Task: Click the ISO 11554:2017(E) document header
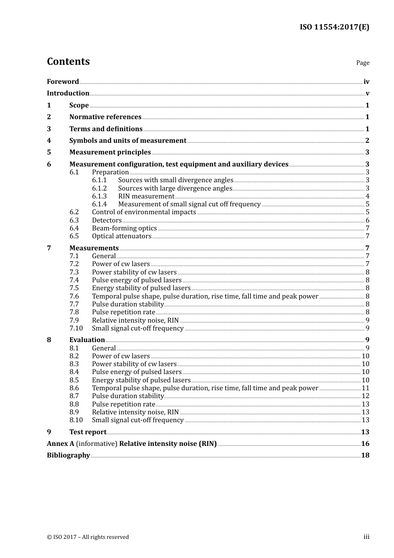(x=334, y=27)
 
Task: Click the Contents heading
(x=68, y=61)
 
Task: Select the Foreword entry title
(x=63, y=82)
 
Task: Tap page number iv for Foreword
(x=366, y=82)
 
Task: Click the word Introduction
(x=68, y=93)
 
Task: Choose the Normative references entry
(x=105, y=117)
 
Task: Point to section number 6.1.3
(x=99, y=196)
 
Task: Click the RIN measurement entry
(x=146, y=196)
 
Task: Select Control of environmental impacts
(x=144, y=212)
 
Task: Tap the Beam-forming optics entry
(x=124, y=228)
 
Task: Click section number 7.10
(x=76, y=328)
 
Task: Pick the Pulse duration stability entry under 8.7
(x=128, y=396)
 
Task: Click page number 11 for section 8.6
(x=365, y=388)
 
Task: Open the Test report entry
(x=88, y=432)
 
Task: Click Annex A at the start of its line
(x=61, y=444)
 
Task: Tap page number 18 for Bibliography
(x=365, y=455)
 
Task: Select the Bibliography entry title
(x=68, y=455)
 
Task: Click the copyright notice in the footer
(x=88, y=537)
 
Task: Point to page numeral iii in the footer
(x=366, y=537)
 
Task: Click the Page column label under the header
(x=362, y=63)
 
